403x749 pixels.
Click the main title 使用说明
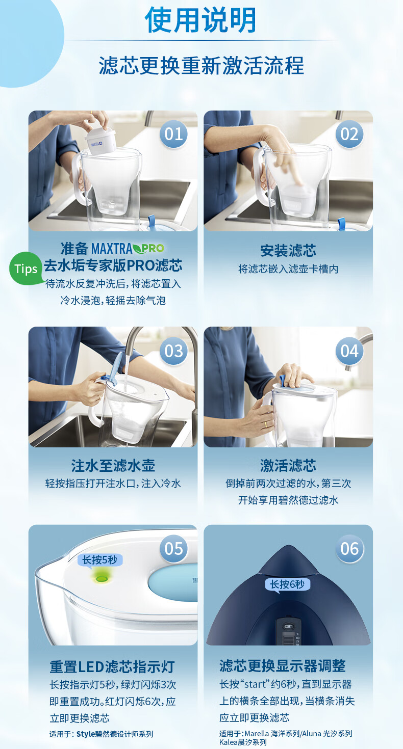[200, 20]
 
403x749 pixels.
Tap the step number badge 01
[174, 134]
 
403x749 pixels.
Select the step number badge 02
[349, 134]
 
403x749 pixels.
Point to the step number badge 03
[174, 351]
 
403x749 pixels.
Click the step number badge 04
[349, 351]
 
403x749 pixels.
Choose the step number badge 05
[174, 549]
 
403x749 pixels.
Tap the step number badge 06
[349, 549]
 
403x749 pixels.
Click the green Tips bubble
[26, 269]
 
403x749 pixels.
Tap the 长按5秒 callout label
[100, 560]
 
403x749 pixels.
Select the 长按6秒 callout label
[288, 584]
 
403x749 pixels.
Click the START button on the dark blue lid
[288, 627]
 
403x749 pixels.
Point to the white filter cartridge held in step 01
[100, 141]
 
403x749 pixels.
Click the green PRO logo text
[153, 248]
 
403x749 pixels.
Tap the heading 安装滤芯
[288, 251]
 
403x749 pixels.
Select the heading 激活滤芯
[288, 466]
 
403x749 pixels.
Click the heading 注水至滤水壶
[113, 466]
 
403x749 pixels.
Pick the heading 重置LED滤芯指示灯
[112, 667]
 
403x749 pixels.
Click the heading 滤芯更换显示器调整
[283, 666]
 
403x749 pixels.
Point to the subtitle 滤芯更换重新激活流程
[201, 66]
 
